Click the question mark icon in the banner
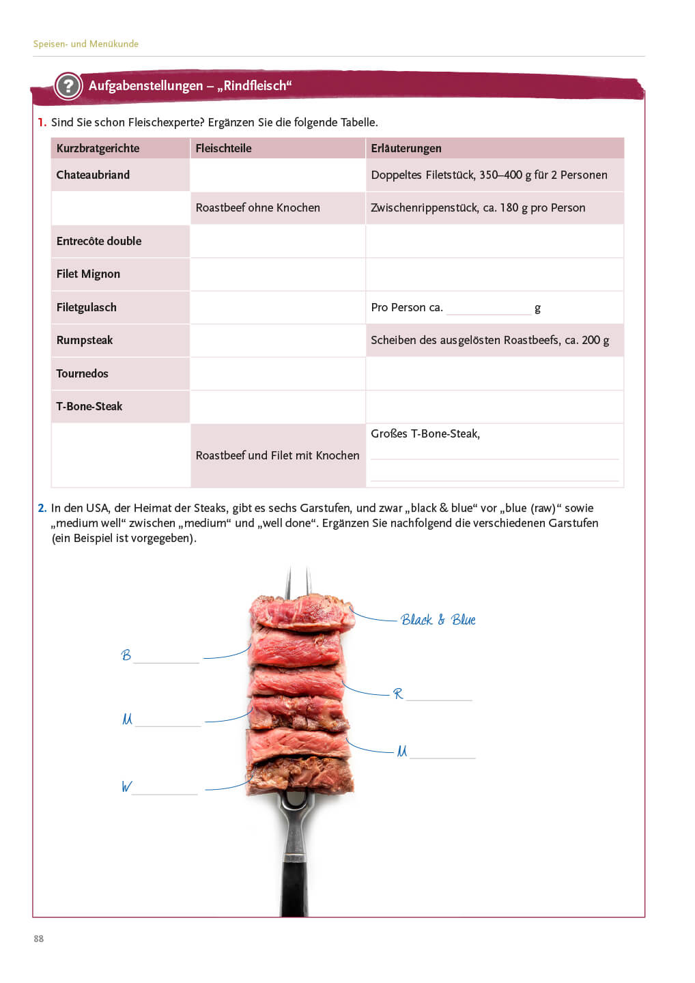point(68,86)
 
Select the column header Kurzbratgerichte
point(98,148)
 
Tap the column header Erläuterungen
point(406,148)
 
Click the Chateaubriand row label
point(93,175)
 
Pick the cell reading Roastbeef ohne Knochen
point(257,208)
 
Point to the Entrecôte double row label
point(99,241)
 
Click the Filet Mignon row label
point(88,274)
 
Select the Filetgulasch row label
point(86,307)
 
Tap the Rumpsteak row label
point(85,340)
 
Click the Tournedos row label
point(82,373)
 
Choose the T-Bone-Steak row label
point(89,406)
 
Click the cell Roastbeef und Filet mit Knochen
point(277,455)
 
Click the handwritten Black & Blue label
point(438,620)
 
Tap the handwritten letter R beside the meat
point(398,694)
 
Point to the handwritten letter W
point(126,786)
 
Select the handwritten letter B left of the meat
point(126,655)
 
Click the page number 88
point(39,939)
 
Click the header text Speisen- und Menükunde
point(86,44)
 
